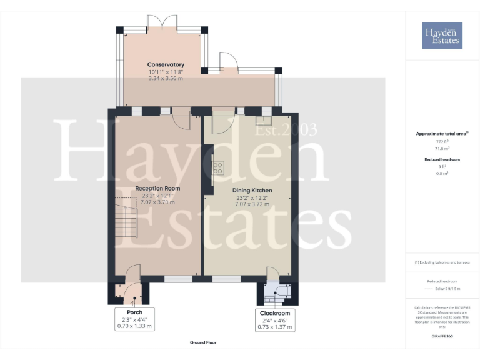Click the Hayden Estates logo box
pos(442,35)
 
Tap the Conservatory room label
pos(166,64)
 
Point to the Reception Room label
pos(157,188)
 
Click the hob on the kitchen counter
pos(218,167)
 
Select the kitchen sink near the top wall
pos(263,121)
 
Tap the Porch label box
pos(134,319)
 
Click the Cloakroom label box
pos(275,319)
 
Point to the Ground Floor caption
pos(203,342)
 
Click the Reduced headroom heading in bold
pos(442,160)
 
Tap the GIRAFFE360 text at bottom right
pos(442,337)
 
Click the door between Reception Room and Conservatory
pos(181,117)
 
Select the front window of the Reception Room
pos(178,279)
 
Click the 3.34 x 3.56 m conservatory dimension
pos(166,78)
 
